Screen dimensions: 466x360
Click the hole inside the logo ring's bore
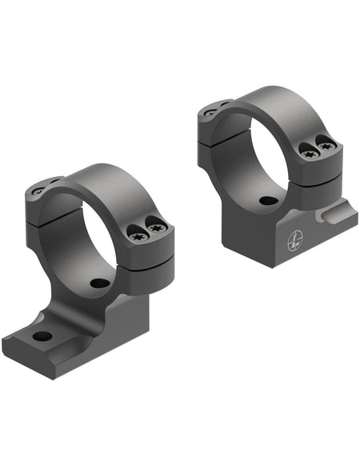[x=269, y=200]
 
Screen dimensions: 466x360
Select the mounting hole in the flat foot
[x=42, y=336]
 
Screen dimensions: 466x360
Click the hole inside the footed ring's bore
[x=99, y=283]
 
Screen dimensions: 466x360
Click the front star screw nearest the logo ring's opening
[x=309, y=150]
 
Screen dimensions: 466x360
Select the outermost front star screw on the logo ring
[x=326, y=146]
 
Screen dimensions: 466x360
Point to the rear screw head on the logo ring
[x=211, y=113]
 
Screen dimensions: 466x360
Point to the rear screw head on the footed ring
[x=38, y=191]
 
